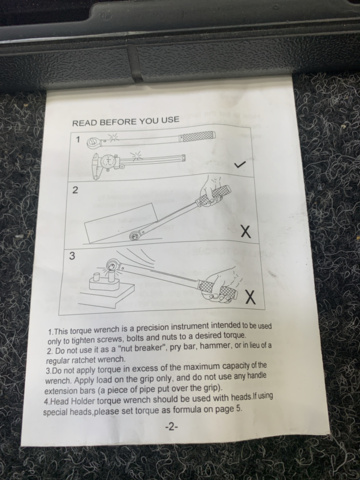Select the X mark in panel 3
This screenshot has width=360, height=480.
coord(249,297)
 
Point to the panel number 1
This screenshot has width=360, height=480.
coord(77,141)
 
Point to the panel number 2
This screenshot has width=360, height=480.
coord(75,188)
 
